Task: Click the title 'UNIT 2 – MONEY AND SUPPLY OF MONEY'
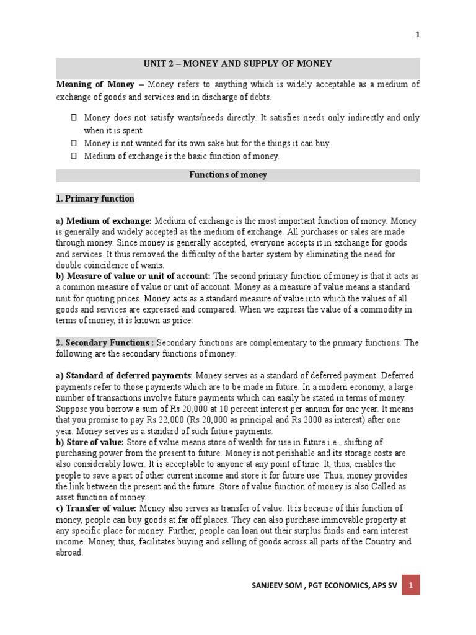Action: coord(238,64)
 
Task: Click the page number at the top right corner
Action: coord(418,35)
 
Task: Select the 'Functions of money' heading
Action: coord(228,175)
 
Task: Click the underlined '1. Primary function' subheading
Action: coord(95,198)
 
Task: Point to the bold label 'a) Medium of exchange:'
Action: coord(104,221)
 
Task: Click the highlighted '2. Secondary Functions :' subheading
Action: coord(106,342)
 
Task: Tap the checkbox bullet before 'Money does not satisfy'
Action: coord(73,117)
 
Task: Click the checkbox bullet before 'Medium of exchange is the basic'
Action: coord(73,156)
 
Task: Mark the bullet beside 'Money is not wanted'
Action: coord(73,143)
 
